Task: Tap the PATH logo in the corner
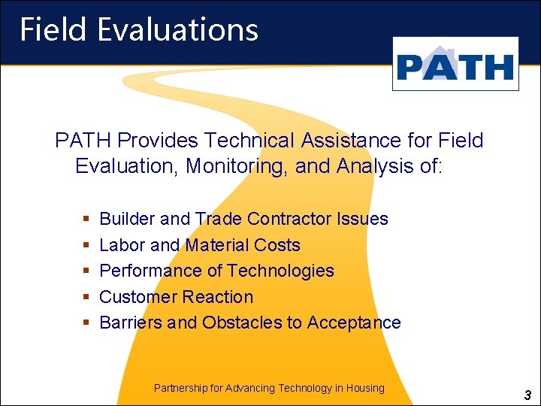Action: click(455, 66)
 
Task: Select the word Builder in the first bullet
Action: click(127, 219)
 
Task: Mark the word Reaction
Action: click(218, 297)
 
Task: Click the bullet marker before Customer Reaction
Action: click(86, 297)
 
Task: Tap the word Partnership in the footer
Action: click(180, 388)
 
